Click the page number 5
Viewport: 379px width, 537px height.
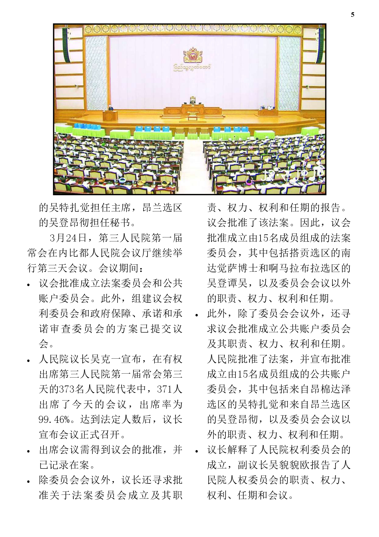[353, 15]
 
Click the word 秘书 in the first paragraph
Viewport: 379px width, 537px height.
[120, 223]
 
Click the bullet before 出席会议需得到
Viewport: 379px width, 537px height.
[29, 451]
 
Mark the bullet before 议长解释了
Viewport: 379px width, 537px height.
[197, 451]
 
